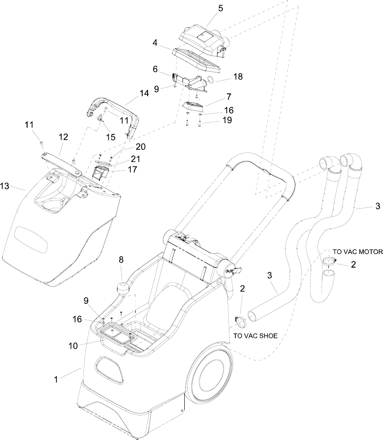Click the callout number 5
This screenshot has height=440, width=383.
[221, 8]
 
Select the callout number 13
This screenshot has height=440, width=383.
[5, 186]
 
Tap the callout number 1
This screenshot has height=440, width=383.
[56, 379]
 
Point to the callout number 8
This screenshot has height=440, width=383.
[121, 260]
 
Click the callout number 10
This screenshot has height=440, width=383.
[73, 346]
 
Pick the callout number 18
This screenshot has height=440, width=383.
[238, 76]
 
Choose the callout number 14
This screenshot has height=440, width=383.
[144, 93]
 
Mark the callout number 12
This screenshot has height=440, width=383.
[63, 137]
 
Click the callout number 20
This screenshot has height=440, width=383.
[141, 147]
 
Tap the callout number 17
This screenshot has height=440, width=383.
[132, 169]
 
